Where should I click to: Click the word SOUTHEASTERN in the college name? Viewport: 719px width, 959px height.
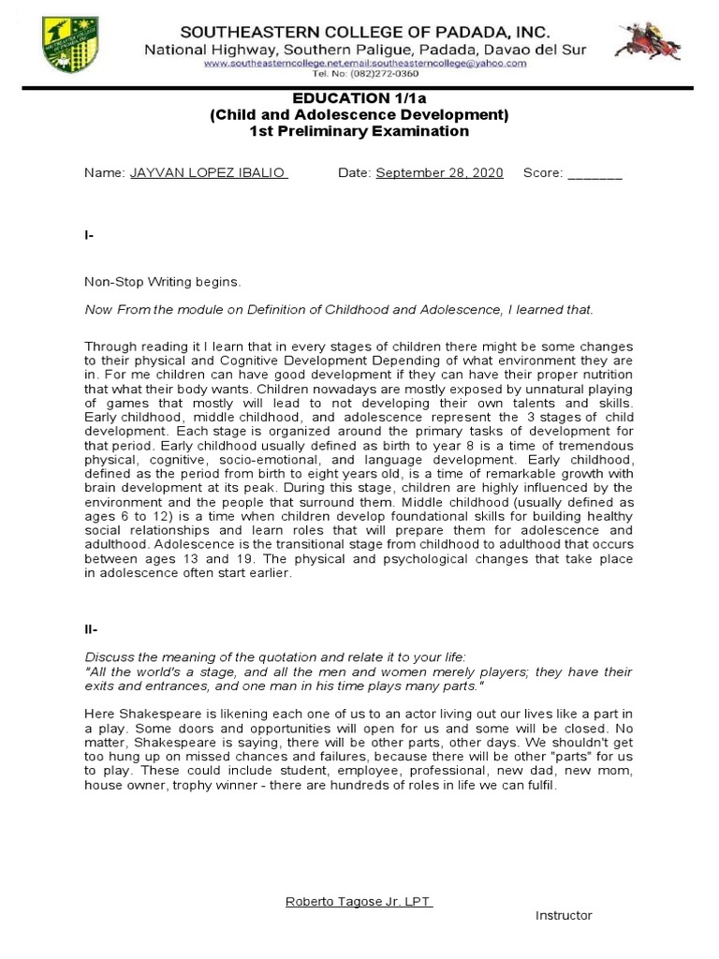pos(245,32)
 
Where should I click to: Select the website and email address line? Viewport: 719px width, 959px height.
pos(365,63)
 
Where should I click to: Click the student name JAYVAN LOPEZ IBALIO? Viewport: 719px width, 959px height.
pos(208,173)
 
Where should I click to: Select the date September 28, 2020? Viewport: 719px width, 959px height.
pos(439,173)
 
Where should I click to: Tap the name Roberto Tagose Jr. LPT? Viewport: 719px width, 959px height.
pos(358,901)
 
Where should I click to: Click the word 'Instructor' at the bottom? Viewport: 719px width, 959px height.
pos(564,915)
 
